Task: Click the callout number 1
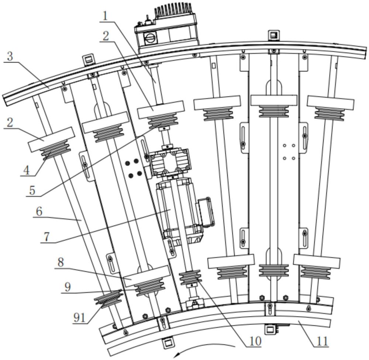[x=106, y=16]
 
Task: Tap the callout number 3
[x=10, y=57]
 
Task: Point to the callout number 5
[x=32, y=190]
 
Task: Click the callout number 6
[x=39, y=212]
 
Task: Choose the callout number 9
[x=68, y=287]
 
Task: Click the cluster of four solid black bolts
[x=133, y=168]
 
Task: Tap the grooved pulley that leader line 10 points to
[x=190, y=277]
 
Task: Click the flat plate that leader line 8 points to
[x=146, y=276]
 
